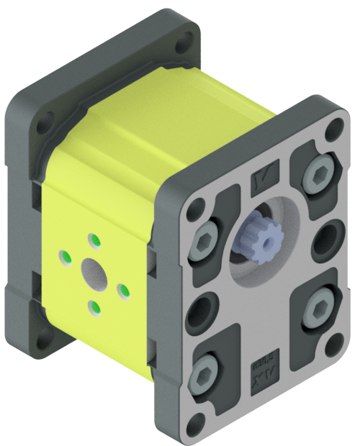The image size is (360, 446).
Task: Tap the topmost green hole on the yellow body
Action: click(x=93, y=239)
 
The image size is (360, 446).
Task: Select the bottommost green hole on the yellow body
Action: click(x=94, y=308)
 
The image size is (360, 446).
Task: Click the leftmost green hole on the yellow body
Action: click(x=65, y=255)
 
